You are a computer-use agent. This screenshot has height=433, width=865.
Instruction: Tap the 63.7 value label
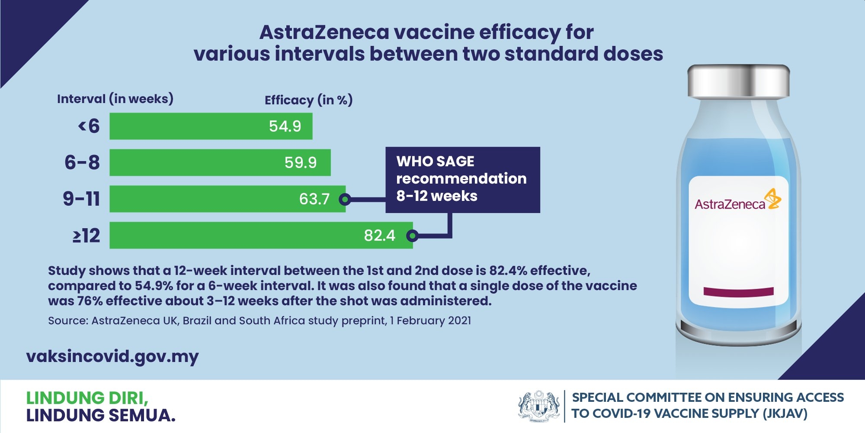tap(314, 199)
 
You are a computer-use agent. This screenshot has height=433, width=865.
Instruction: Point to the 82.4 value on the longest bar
tap(379, 236)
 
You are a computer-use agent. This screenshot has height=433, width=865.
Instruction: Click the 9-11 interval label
tap(81, 199)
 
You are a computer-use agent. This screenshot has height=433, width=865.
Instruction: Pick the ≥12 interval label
tap(86, 236)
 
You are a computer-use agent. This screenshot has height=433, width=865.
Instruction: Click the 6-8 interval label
tap(82, 163)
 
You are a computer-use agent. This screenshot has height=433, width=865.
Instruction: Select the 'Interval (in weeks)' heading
tap(115, 99)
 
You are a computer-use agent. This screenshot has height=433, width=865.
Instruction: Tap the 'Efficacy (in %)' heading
tap(308, 100)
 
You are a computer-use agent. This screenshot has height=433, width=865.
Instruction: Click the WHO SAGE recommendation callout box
tap(462, 179)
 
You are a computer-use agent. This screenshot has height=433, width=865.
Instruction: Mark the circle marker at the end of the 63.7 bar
tap(345, 199)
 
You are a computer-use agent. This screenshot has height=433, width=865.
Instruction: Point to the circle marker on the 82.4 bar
tap(412, 236)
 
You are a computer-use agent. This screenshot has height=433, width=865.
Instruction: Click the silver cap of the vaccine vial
tap(738, 81)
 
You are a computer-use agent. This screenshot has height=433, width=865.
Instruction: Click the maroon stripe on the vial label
tap(738, 291)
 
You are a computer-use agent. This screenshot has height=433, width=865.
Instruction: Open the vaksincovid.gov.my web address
tap(112, 357)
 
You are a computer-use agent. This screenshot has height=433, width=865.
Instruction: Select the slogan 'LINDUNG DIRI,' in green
tap(87, 397)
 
